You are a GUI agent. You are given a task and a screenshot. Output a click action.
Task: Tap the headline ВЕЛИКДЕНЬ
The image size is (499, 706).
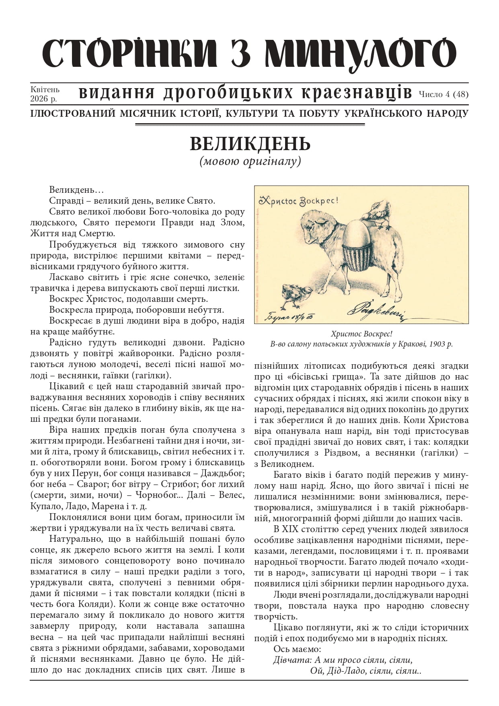pos(250,144)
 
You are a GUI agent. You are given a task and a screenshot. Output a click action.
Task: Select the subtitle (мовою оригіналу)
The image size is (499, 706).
pos(250,161)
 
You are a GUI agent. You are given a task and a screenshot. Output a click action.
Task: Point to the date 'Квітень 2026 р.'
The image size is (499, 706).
pos(45,93)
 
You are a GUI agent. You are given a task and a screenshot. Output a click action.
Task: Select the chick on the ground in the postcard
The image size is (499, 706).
pos(296,295)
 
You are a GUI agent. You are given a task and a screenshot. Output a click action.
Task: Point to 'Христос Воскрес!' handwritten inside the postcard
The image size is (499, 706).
pos(299,200)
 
